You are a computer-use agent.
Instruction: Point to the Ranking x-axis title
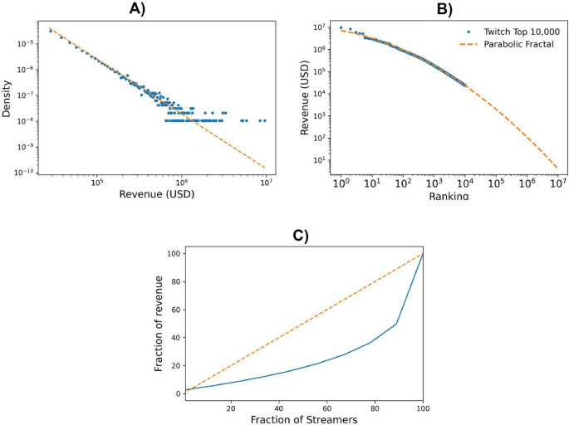449,197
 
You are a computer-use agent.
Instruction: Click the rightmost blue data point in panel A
263,120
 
